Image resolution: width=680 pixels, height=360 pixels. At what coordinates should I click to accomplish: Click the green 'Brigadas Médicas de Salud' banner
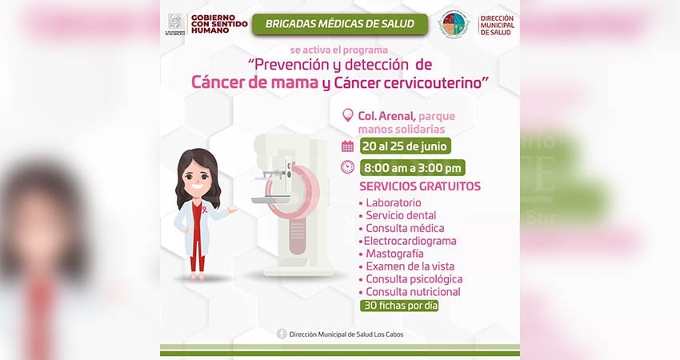pos(339,23)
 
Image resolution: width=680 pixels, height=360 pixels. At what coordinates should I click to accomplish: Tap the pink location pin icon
pos(347,115)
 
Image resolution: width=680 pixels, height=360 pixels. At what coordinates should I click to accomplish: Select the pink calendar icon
pos(347,146)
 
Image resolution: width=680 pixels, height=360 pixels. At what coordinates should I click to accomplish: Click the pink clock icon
pos(347,167)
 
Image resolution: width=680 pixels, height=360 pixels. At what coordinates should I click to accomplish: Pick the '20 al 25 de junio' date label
pos(405,146)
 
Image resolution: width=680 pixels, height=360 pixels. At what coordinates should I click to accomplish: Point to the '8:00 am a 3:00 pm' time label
pos(412,168)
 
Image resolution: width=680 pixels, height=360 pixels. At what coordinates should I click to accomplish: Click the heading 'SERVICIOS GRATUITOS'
pos(420,186)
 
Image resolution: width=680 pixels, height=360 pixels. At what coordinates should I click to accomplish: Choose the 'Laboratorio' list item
pos(394,203)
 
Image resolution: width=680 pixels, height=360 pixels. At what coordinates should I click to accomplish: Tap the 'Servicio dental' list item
pos(401,215)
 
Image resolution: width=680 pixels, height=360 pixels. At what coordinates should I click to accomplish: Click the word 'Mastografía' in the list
pos(394,254)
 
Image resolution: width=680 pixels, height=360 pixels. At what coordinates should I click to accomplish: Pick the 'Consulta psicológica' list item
pos(414,279)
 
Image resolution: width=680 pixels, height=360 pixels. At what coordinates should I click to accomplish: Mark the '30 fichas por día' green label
pos(400,305)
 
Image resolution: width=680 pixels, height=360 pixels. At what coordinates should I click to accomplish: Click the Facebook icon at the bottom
pos(282,334)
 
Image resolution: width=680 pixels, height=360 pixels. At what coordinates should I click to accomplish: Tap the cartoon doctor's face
pos(197,178)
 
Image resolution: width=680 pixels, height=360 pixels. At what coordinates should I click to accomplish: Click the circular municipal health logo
pos(453,24)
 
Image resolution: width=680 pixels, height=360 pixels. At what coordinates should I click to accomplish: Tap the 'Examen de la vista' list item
pos(410,266)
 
